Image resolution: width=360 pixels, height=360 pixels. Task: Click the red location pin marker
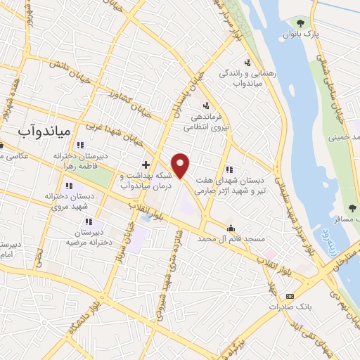click(181, 165)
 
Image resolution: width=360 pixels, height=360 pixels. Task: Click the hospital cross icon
click(146, 165)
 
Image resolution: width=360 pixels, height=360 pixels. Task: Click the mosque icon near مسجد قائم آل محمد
click(231, 227)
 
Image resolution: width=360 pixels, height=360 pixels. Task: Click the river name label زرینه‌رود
click(328, 240)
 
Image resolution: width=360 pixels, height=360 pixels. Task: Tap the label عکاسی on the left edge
click(14, 156)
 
